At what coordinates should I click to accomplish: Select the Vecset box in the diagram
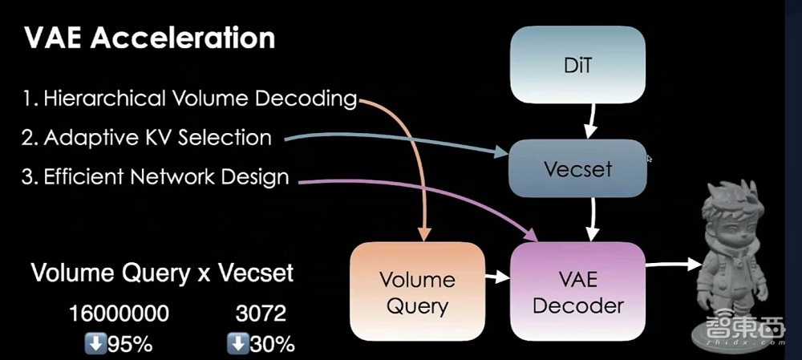[578, 168]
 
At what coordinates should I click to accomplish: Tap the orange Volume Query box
[417, 292]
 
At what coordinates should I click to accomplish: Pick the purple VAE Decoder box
[577, 292]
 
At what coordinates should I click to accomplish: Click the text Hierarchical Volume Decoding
[188, 99]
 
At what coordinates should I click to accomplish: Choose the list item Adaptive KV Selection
[146, 137]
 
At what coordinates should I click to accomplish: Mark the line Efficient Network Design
[154, 176]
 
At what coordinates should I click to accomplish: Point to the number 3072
[261, 314]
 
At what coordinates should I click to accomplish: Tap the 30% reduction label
[261, 344]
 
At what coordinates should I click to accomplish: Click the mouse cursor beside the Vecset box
[649, 159]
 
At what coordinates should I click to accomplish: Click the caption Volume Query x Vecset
[163, 273]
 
